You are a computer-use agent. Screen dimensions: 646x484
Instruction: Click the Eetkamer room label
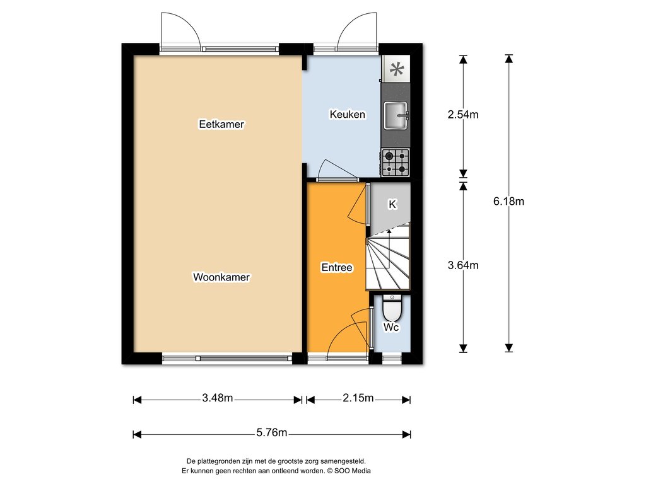(221, 124)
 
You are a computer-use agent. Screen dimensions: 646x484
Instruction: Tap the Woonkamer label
(221, 277)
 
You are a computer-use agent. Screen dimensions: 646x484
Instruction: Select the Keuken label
(348, 114)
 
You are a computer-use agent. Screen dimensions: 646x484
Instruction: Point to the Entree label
(337, 267)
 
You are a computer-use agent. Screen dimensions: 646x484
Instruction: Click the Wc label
(391, 327)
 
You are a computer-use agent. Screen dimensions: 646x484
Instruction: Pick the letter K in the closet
(392, 204)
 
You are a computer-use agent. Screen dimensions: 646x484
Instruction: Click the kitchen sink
(396, 116)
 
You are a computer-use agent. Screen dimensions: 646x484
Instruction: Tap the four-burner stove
(396, 163)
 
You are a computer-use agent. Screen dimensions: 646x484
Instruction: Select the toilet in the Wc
(392, 308)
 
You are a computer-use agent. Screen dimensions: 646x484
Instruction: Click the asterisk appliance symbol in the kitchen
(397, 69)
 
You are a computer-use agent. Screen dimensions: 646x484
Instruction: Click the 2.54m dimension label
(463, 115)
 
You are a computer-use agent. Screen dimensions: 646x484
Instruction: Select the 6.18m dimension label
(509, 201)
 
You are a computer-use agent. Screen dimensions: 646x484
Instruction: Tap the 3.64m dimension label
(463, 265)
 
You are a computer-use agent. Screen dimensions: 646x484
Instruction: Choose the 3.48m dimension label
(218, 398)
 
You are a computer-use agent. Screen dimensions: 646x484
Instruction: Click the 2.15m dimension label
(358, 398)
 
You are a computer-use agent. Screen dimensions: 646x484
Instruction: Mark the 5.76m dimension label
(271, 432)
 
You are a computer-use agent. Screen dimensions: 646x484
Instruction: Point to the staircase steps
(388, 257)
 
